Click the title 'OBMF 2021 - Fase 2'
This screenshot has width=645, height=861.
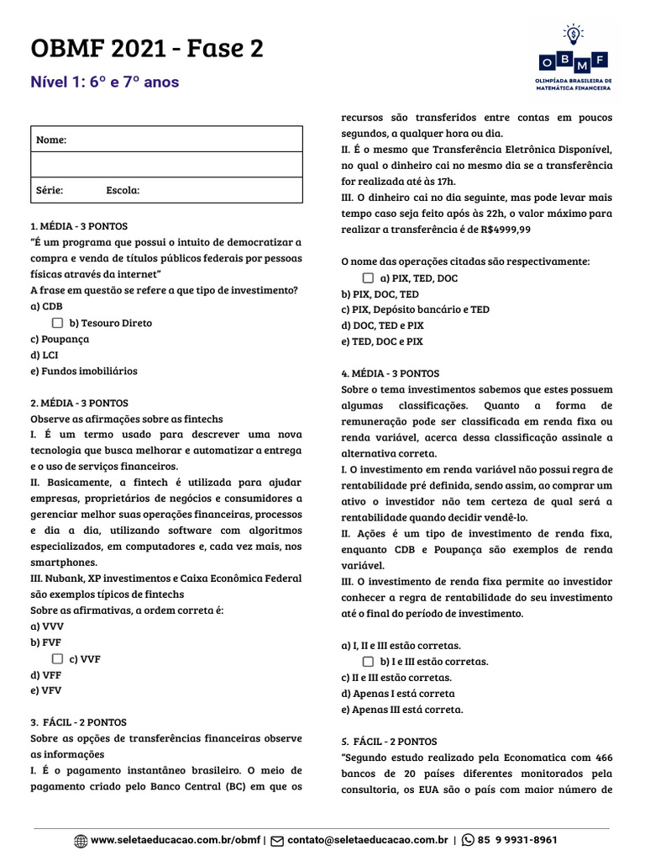pos(147,50)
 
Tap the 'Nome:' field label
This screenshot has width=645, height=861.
pos(51,140)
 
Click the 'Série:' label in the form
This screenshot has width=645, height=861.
pos(50,190)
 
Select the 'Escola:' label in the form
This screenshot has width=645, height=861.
pos(123,190)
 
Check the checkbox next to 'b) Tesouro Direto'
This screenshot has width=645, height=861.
pos(57,323)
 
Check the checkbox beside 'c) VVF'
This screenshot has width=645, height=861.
pos(57,659)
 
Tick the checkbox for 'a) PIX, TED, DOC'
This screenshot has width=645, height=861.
pos(368,277)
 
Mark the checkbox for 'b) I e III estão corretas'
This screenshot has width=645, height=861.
pos(368,662)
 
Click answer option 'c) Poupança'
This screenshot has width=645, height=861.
pos(60,339)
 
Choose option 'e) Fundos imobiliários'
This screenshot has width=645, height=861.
pos(84,371)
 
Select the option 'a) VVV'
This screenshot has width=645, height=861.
pos(47,626)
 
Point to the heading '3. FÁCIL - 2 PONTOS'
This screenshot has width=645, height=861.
pos(78,722)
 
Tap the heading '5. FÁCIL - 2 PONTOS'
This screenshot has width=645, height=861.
pos(389,742)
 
